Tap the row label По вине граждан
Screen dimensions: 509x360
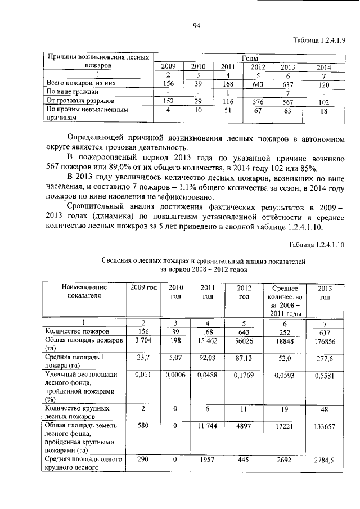pos(73,92)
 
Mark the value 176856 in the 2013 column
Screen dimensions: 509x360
pos(325,341)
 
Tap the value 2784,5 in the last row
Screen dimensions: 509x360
pos(325,461)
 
